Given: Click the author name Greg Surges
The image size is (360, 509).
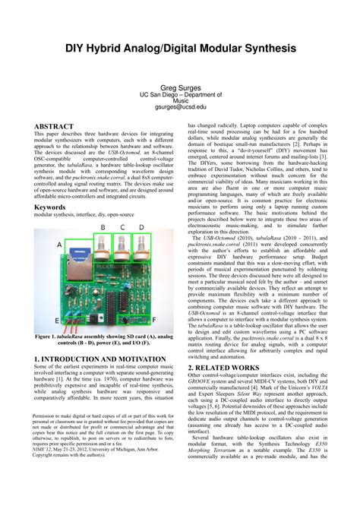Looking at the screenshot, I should click(x=180, y=88).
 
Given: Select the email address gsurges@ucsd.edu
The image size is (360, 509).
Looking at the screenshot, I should click(x=180, y=107).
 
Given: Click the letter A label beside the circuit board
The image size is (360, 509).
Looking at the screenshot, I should click(x=59, y=245).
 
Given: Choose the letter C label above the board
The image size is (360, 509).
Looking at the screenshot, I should click(x=121, y=227).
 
